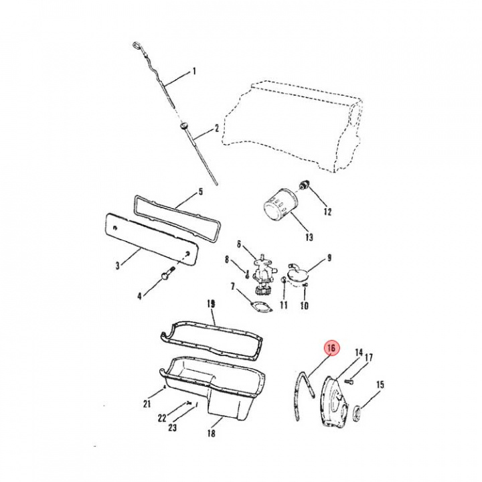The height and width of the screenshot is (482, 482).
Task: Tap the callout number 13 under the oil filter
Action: [x=309, y=237]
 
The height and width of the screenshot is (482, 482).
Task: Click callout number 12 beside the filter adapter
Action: [x=327, y=212]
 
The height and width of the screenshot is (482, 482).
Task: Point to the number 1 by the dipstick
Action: [x=194, y=71]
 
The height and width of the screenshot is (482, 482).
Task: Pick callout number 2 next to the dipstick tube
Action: [x=217, y=127]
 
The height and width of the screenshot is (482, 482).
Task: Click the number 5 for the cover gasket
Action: [x=200, y=193]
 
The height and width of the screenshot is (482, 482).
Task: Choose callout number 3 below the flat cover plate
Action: [x=117, y=265]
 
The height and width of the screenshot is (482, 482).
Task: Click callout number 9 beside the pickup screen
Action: [x=329, y=257]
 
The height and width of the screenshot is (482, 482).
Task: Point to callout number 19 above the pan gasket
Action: [x=212, y=303]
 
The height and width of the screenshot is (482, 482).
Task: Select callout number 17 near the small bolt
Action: [x=368, y=357]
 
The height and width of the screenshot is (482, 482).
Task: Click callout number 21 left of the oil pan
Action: [x=147, y=404]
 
